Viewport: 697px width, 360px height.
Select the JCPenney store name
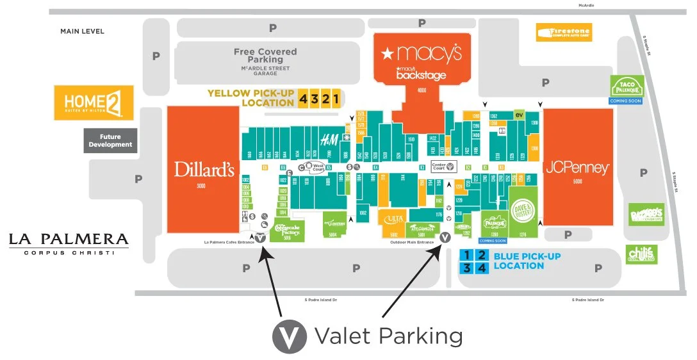(x=577, y=168)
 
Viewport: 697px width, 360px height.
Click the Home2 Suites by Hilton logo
(x=94, y=102)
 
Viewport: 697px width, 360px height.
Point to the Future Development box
(x=110, y=140)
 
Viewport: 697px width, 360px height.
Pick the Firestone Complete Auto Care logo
(x=564, y=32)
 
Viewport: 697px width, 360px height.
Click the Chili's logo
(x=641, y=254)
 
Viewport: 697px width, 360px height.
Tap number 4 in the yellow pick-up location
(x=302, y=98)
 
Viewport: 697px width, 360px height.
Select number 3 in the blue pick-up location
(x=468, y=268)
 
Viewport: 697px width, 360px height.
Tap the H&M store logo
(x=329, y=140)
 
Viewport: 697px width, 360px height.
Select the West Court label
(x=317, y=167)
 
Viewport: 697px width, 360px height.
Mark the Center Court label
(x=443, y=167)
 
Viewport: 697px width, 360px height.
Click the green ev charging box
(x=520, y=115)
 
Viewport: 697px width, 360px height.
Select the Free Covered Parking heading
(x=265, y=56)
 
